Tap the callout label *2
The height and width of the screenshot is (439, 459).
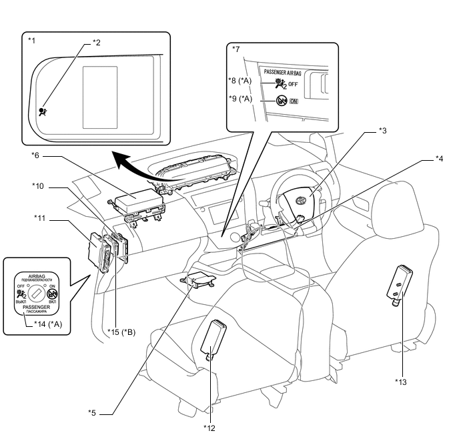tap(97, 42)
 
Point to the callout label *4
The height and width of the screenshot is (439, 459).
tap(439, 158)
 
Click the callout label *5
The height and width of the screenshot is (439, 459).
tap(92, 412)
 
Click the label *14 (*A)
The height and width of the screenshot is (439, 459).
tap(47, 323)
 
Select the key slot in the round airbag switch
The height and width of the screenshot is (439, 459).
tap(39, 292)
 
